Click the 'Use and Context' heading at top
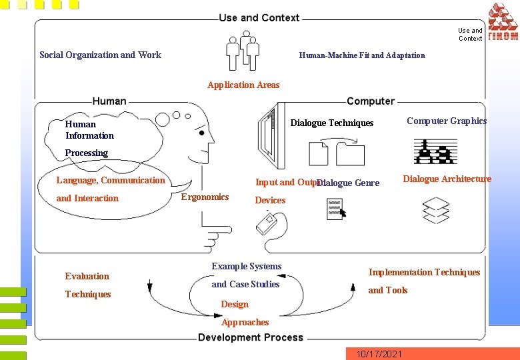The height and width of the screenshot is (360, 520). pyautogui.click(x=259, y=18)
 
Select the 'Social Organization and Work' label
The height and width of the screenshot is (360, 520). pyautogui.click(x=100, y=55)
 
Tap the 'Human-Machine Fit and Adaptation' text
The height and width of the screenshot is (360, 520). pyautogui.click(x=361, y=55)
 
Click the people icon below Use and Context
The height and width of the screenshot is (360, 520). pyautogui.click(x=242, y=53)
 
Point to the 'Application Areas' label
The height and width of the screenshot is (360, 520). pyautogui.click(x=243, y=85)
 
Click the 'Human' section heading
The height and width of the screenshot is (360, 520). pyautogui.click(x=109, y=101)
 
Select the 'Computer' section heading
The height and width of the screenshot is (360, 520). pyautogui.click(x=370, y=101)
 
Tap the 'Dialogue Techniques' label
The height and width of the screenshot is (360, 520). pyautogui.click(x=331, y=123)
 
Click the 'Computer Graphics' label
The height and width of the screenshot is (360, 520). pyautogui.click(x=447, y=121)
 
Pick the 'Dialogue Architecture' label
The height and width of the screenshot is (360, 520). pyautogui.click(x=447, y=179)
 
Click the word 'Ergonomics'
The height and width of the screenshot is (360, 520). pyautogui.click(x=205, y=197)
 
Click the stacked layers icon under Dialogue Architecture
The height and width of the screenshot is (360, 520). pyautogui.click(x=436, y=210)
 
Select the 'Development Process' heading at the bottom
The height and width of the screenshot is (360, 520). pyautogui.click(x=250, y=337)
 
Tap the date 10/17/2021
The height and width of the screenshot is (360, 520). pyautogui.click(x=379, y=353)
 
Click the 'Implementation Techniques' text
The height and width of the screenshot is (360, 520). pyautogui.click(x=424, y=272)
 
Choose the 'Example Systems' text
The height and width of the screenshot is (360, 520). pyautogui.click(x=246, y=266)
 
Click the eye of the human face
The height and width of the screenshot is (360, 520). pyautogui.click(x=201, y=132)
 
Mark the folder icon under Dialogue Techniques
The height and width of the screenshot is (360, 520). pyautogui.click(x=350, y=154)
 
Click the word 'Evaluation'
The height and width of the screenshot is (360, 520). pyautogui.click(x=87, y=276)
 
